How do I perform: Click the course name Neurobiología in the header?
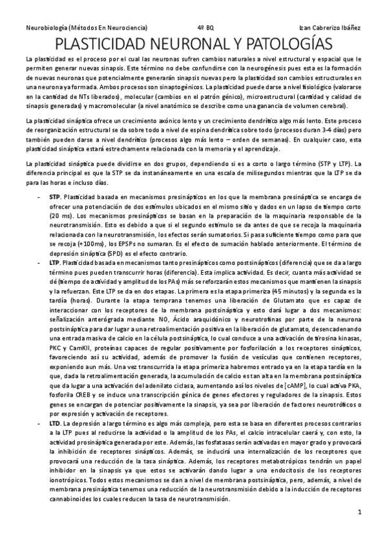pyautogui.click(x=47, y=28)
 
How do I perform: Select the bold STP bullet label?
pyautogui.click(x=55, y=196)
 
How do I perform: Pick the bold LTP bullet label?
pyautogui.click(x=55, y=263)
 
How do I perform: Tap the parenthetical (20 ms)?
pyautogui.click(x=61, y=213)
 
